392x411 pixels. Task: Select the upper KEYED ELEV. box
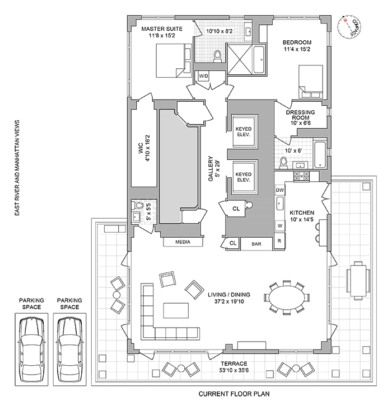(x=242, y=131)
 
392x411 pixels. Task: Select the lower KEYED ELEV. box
(x=242, y=178)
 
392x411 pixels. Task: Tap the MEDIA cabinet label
(x=183, y=242)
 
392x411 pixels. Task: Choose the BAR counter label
(x=257, y=244)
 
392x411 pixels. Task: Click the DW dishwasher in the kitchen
(x=280, y=191)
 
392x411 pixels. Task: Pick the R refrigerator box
(x=280, y=241)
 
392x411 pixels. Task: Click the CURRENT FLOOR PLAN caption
(x=235, y=394)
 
